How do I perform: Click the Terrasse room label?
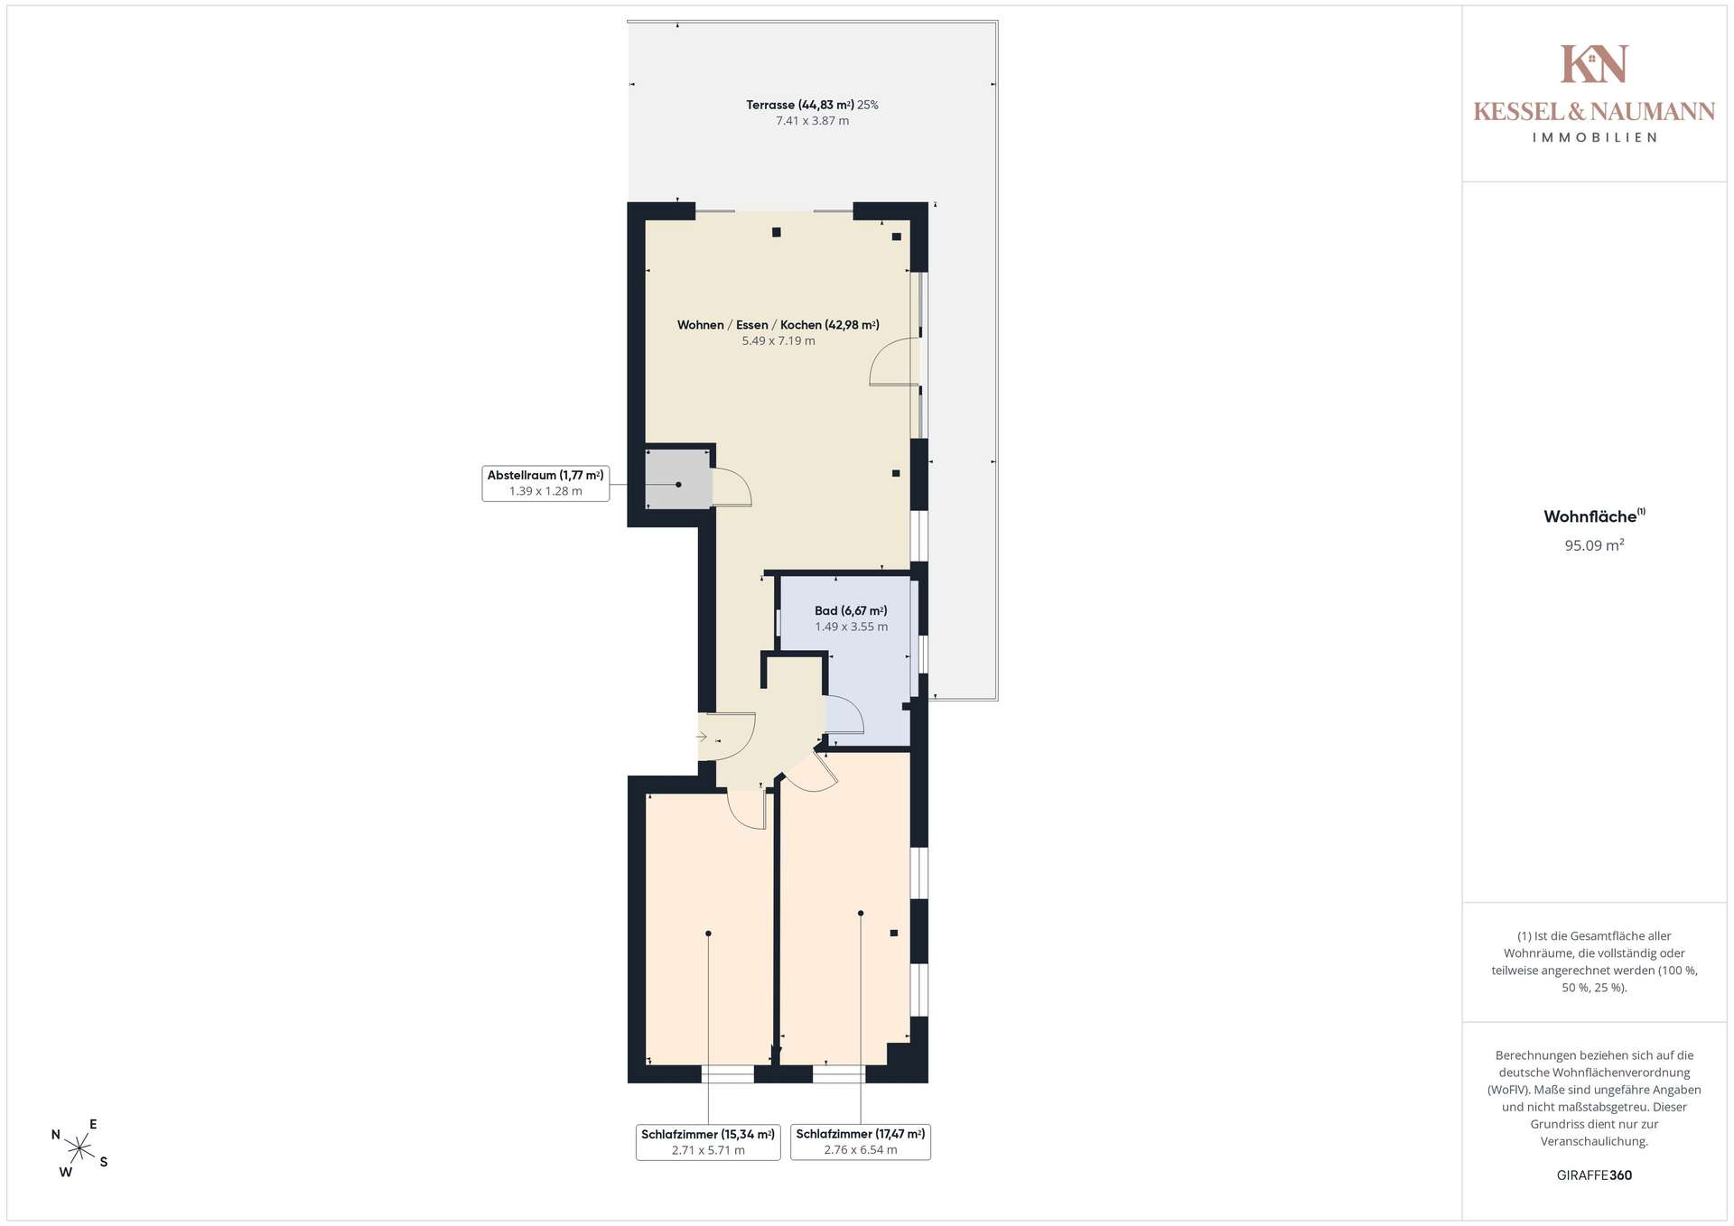click(x=800, y=105)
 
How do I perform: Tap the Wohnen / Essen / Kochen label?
click(x=778, y=325)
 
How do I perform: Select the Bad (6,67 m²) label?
click(x=851, y=611)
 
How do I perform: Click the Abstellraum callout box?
click(x=545, y=483)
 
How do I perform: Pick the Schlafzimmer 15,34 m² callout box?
click(x=708, y=1142)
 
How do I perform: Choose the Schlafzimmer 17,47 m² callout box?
click(x=861, y=1142)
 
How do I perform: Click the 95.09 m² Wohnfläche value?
click(x=1595, y=545)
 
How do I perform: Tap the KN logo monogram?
click(x=1595, y=64)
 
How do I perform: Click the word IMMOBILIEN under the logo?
click(x=1595, y=138)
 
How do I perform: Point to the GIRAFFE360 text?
click(x=1595, y=1175)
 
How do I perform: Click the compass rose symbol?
click(x=79, y=1148)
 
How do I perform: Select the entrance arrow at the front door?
click(x=702, y=737)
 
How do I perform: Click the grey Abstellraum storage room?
click(x=677, y=478)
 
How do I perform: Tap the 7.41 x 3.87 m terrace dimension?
click(x=813, y=121)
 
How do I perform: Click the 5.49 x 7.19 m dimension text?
click(x=778, y=341)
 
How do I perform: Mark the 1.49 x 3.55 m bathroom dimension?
click(x=852, y=627)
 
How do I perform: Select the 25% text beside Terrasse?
click(x=868, y=105)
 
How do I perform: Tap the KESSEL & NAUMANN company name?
click(x=1595, y=112)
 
